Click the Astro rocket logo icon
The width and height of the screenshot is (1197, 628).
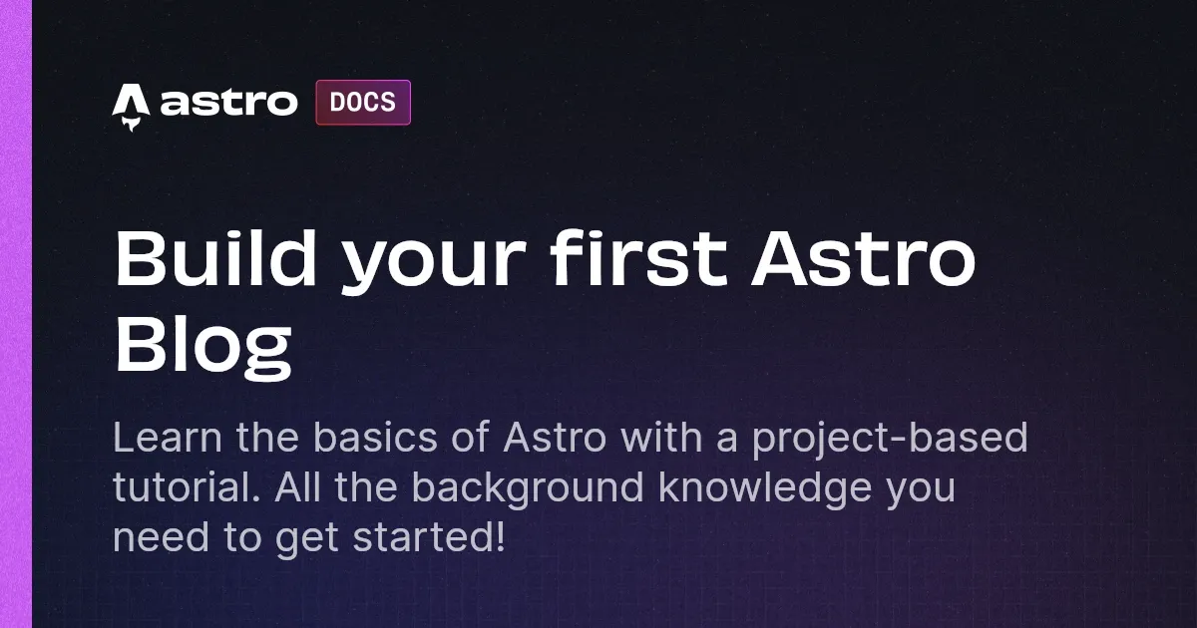point(130,106)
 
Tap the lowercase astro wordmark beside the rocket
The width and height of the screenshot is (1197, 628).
point(228,103)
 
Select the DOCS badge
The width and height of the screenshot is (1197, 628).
point(363,103)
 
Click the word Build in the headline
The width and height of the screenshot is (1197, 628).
point(217,258)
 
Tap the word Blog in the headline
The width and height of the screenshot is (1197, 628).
point(202,344)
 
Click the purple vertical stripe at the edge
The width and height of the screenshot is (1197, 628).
point(16,314)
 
